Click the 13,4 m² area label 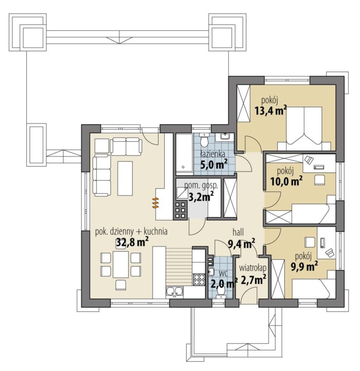271,110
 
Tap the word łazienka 212,154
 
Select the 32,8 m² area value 133,242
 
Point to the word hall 238,232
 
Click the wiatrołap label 253,268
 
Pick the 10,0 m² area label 286,181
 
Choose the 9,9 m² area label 304,267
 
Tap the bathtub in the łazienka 184,153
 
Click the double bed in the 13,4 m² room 304,129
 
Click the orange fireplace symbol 155,203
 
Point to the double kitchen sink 174,292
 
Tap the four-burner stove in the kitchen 199,279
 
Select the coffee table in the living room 125,179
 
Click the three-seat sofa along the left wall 102,175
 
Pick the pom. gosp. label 201,185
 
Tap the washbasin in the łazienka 225,136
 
